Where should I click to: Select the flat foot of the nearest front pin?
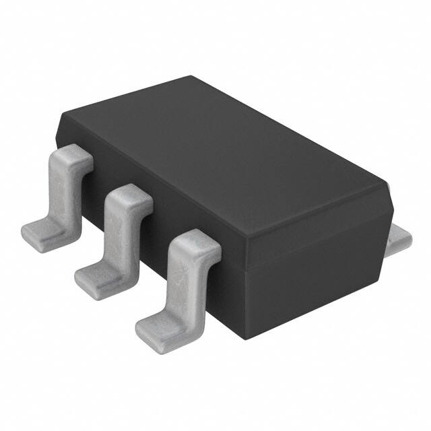[158, 327]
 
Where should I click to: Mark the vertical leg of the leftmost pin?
[65, 192]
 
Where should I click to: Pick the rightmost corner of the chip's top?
[389, 183]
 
